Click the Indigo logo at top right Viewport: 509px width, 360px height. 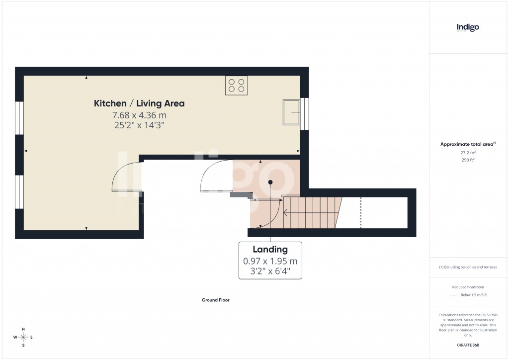click(x=468, y=28)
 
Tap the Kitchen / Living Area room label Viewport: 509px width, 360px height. click(x=139, y=103)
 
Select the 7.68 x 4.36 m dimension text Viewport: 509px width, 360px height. click(x=139, y=115)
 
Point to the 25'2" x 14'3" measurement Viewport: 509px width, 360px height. click(x=139, y=126)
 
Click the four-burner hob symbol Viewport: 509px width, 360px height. click(x=236, y=85)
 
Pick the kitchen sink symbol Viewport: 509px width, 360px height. click(x=291, y=112)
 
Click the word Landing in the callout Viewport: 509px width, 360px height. click(x=270, y=250)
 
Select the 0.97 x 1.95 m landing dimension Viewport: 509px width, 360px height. click(x=270, y=261)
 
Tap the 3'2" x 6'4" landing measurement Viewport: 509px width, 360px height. click(x=270, y=271)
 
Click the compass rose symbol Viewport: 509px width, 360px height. click(x=23, y=337)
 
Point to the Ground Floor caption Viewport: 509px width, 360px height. click(x=215, y=300)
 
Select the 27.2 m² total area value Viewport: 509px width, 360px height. click(x=468, y=153)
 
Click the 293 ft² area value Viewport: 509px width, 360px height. click(x=468, y=160)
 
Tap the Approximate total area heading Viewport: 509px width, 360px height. click(x=467, y=144)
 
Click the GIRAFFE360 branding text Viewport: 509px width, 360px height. click(x=468, y=345)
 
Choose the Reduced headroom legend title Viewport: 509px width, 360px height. click(x=468, y=287)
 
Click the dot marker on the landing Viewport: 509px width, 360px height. click(x=270, y=182)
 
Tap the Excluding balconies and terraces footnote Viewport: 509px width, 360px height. click(x=468, y=267)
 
